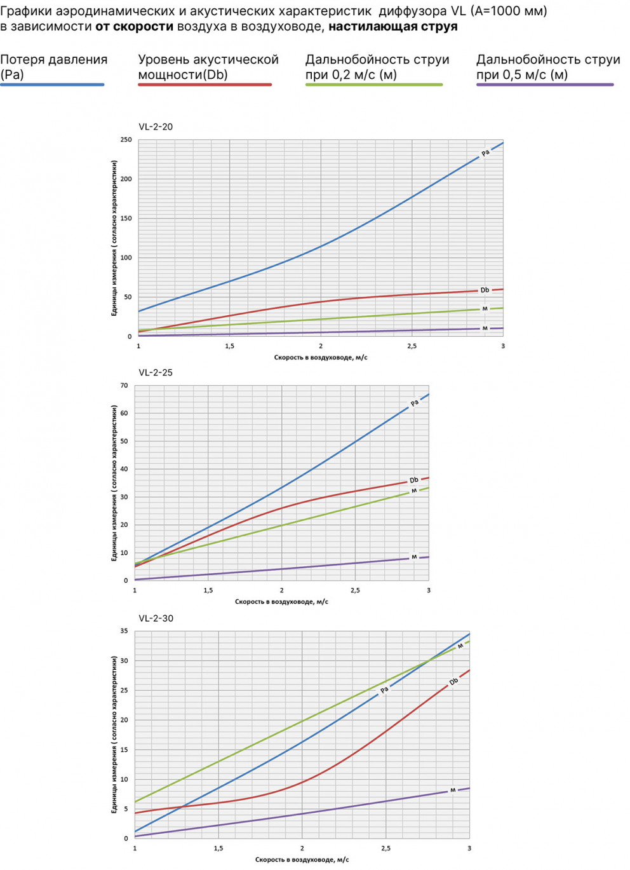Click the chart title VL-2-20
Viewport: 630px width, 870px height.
tap(156, 126)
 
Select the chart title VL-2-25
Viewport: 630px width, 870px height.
tap(156, 372)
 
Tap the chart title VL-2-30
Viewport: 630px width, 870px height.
tap(156, 618)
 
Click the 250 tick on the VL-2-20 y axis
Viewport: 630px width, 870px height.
tap(126, 140)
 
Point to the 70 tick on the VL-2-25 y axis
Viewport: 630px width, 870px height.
tap(124, 386)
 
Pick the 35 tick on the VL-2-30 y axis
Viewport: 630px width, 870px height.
tap(124, 631)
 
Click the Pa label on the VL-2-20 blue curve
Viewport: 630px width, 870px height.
tap(485, 153)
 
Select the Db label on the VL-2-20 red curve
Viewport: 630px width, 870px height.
tap(485, 290)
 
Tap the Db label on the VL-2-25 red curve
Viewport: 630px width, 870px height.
tap(414, 480)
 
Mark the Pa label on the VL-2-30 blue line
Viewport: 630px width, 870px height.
tap(384, 690)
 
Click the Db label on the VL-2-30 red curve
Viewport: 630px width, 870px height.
tap(453, 682)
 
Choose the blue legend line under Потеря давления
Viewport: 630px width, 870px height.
tap(52, 85)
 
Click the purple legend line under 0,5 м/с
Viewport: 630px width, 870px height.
tap(545, 85)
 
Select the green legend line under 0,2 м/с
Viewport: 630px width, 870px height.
tap(373, 85)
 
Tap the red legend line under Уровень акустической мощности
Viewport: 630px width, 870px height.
tap(204, 85)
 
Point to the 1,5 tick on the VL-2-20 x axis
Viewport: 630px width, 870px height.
tap(229, 346)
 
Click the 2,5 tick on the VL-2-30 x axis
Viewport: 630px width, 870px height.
tap(385, 848)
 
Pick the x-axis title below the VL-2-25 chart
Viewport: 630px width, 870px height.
tap(281, 602)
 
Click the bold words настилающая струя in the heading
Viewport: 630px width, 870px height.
tap(393, 27)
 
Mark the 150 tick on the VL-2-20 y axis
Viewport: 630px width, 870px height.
tap(126, 219)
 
